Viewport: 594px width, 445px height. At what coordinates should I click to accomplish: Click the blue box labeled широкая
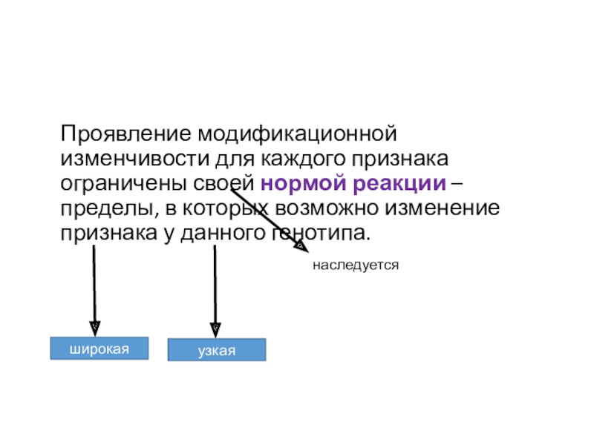coord(99,348)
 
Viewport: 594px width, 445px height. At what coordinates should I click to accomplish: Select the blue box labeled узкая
coord(216,349)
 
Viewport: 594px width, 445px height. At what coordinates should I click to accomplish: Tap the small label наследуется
coord(356,264)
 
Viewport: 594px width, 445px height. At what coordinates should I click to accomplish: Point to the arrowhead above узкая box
coord(215,326)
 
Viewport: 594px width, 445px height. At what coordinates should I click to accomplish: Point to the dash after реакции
coord(461,182)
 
